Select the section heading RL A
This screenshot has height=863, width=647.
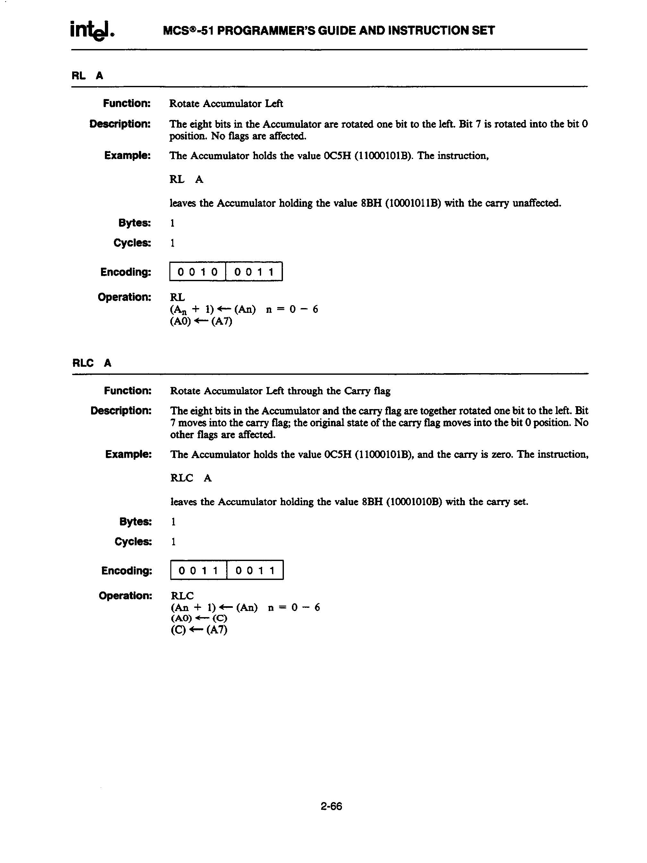click(88, 76)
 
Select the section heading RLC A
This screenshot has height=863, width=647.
click(92, 363)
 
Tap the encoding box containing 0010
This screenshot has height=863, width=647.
click(198, 272)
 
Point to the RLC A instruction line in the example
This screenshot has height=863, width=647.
click(191, 478)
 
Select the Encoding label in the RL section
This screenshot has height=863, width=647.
click(125, 272)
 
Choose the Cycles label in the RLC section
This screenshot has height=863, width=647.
click(133, 541)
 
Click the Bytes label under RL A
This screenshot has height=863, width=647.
click(134, 223)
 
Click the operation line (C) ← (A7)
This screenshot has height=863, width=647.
click(199, 630)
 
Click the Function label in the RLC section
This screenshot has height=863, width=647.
click(127, 390)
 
